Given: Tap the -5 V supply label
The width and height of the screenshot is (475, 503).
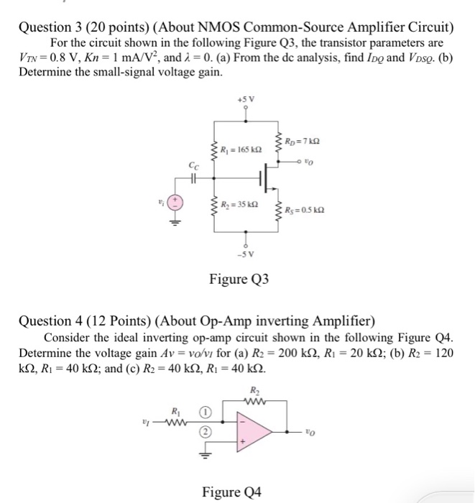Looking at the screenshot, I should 246,253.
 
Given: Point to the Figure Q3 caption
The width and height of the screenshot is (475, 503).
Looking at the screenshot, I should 239,278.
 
